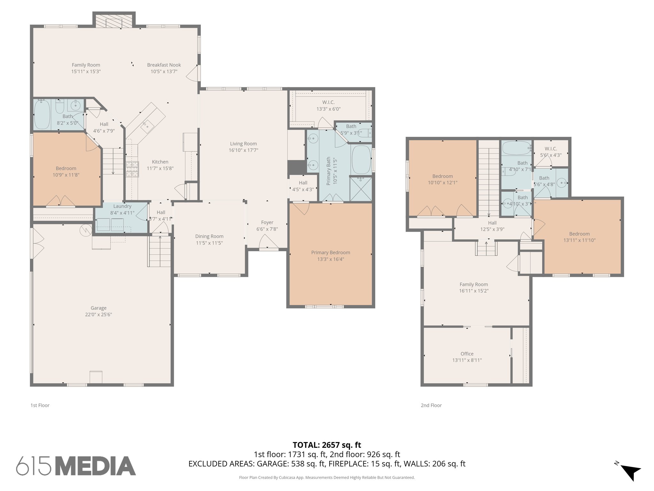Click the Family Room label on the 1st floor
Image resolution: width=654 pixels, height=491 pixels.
86,65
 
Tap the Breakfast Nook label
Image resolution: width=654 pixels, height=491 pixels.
164,65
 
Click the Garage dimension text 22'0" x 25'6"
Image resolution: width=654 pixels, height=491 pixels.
98,315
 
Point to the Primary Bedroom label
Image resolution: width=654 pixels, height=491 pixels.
331,253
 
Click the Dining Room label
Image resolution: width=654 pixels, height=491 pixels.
209,236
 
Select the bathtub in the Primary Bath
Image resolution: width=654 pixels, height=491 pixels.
361,160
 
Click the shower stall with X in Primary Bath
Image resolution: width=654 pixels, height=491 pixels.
361,189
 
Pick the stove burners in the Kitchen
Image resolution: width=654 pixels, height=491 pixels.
132,169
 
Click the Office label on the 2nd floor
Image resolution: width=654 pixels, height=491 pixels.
467,354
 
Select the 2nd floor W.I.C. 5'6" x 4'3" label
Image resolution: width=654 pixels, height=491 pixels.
551,152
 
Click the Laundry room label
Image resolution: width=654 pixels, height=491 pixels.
122,206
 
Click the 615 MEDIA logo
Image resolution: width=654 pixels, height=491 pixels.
76,466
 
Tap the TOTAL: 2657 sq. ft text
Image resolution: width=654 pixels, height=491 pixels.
327,445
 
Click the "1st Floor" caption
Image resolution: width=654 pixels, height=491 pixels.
40,405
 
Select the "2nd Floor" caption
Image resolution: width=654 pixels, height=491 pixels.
431,405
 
